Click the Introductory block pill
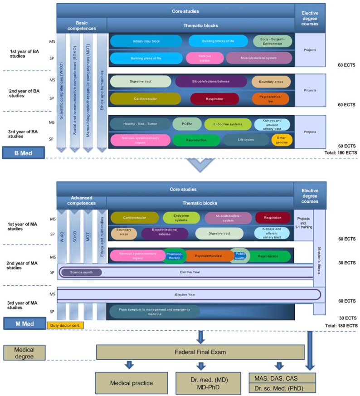[x=146, y=41]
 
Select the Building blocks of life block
[x=219, y=41]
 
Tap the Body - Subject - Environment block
[x=272, y=41]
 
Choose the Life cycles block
[x=246, y=140]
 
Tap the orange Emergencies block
[x=282, y=140]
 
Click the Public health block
[x=240, y=255]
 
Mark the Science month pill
[x=80, y=273]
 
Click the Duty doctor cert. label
[x=66, y=325]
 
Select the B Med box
[x=22, y=153]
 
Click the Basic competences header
[x=82, y=24]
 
